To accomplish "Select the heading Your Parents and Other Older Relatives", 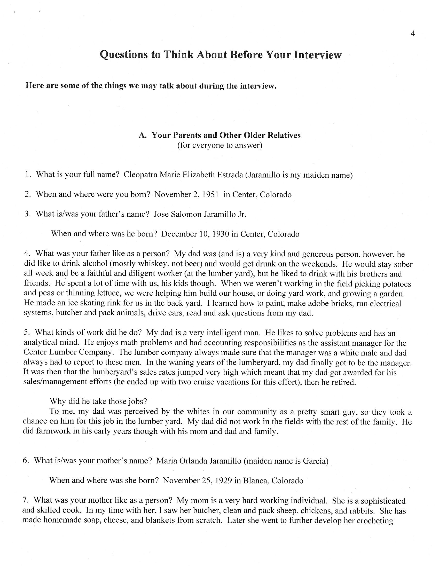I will pos(226,135).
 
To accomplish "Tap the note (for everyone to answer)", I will pos(220,145).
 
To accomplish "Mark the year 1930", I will pos(221,234).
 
